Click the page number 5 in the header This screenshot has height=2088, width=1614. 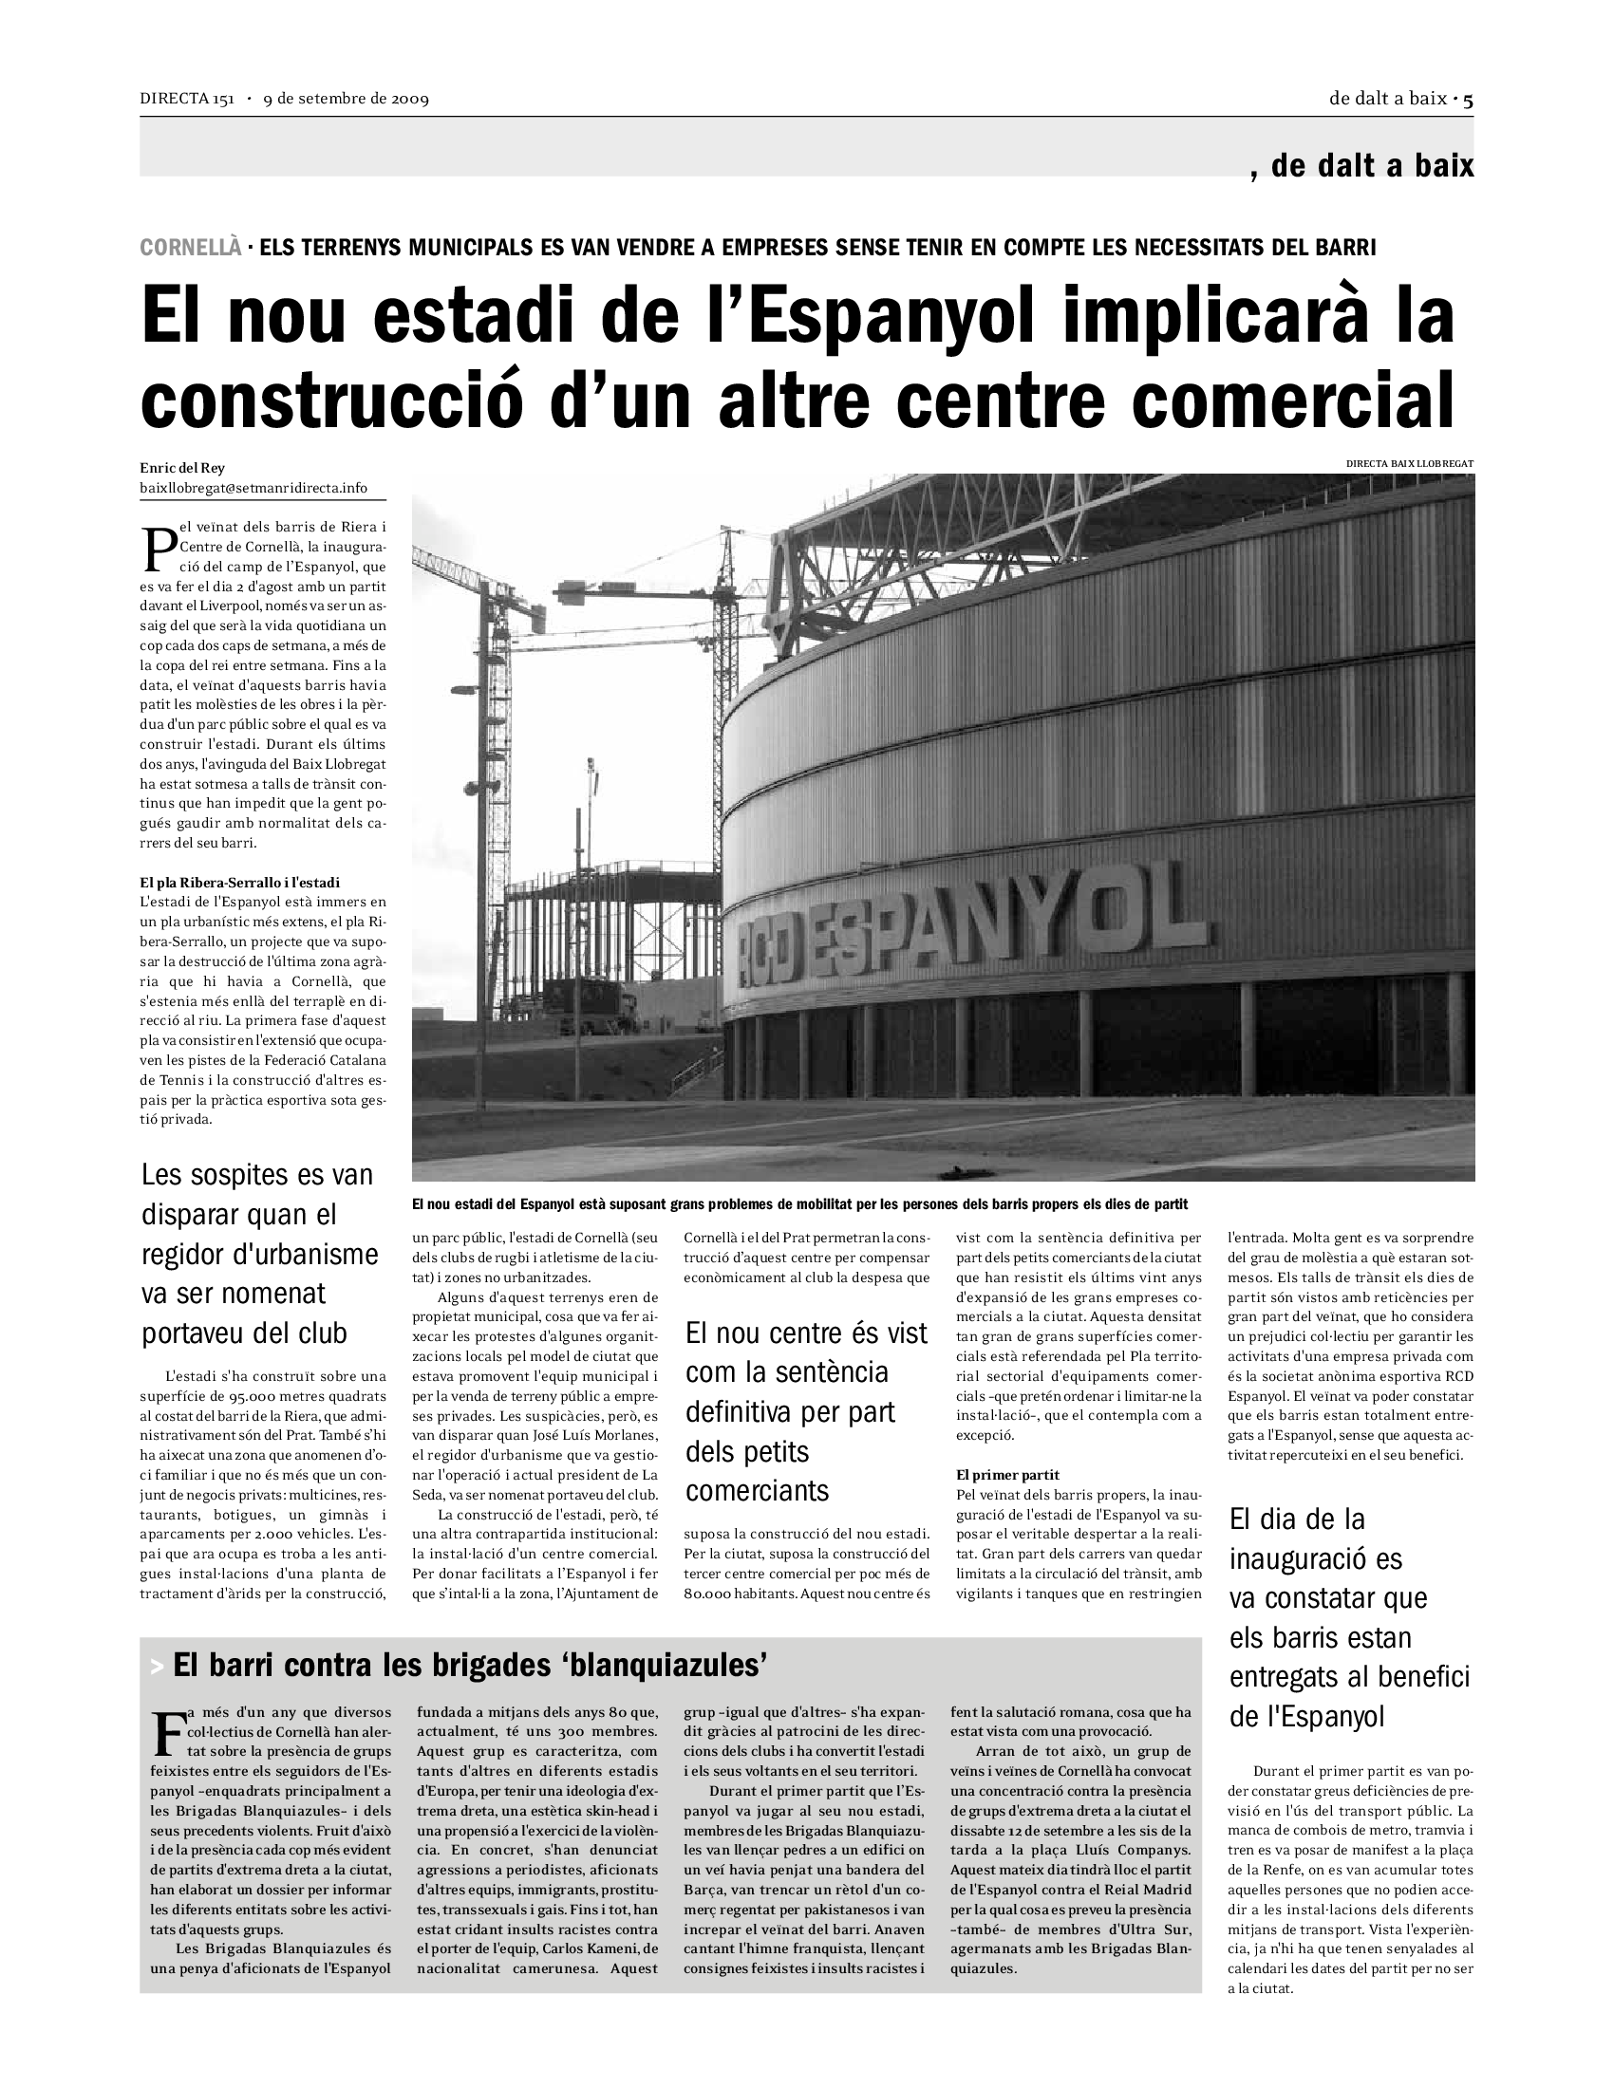pos(1468,99)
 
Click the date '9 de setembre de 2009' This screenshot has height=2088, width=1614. pos(347,100)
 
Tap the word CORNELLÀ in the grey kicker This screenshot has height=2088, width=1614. pos(190,248)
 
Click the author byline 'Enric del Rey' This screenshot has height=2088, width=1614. pos(182,468)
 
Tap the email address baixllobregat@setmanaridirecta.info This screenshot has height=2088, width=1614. pos(253,488)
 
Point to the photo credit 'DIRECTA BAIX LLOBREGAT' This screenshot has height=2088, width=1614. pos(1409,464)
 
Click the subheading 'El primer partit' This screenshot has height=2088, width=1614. pos(1007,1475)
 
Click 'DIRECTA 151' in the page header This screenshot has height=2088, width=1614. pos(186,100)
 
